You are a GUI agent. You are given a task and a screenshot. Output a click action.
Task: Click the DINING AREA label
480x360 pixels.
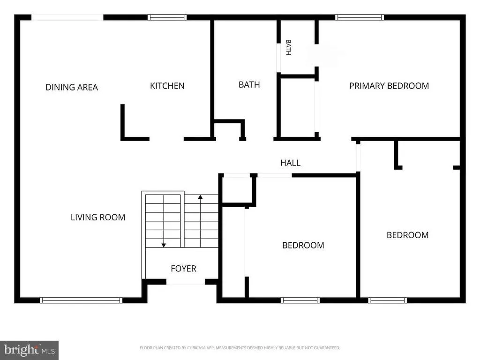pos(72,87)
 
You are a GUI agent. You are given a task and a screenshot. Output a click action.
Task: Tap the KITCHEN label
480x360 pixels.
pos(167,86)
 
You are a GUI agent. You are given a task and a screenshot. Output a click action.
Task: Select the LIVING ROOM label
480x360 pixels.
pos(98,217)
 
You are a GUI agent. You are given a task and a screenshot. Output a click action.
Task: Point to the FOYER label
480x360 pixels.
pos(183,269)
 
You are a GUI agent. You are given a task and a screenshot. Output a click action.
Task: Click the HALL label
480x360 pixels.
pos(291,163)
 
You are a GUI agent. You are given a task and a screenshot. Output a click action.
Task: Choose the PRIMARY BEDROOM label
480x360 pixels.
pos(389,86)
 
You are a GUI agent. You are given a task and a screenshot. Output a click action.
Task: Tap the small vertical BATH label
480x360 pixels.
pos(288,47)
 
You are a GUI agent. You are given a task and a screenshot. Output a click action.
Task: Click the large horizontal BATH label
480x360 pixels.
pos(249,84)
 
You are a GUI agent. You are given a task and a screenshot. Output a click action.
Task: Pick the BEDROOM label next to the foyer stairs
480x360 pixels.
pos(303,245)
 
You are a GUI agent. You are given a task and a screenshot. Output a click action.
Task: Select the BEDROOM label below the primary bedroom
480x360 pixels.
pos(407,235)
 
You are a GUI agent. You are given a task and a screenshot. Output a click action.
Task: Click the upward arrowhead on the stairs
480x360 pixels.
pos(200,197)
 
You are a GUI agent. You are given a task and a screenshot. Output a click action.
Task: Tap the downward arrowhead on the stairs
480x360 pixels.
pos(164,245)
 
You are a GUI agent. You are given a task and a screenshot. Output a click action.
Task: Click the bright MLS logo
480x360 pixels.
pos(29,350)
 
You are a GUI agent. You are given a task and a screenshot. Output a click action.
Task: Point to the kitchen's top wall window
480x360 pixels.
pos(167,17)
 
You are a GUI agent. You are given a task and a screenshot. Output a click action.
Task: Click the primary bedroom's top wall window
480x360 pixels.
pos(360,17)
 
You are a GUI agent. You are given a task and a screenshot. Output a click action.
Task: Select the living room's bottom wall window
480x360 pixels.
pos(81,300)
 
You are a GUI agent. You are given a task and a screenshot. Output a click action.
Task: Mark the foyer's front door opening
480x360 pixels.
pos(186,282)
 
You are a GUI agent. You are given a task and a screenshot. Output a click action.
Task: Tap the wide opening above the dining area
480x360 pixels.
pos(67,17)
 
